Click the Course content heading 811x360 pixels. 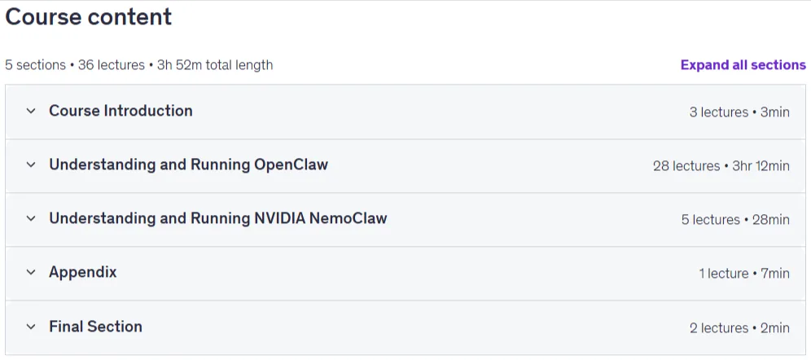tap(89, 17)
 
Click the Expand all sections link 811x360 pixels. tap(743, 64)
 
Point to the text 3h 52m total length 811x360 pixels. tap(215, 65)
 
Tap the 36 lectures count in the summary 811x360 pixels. tap(112, 65)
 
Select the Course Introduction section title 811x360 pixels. tap(121, 111)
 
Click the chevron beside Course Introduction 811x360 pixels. tap(31, 111)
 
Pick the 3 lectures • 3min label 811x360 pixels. tap(739, 112)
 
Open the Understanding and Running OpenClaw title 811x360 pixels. tap(188, 165)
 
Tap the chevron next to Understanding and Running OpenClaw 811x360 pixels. tap(31, 165)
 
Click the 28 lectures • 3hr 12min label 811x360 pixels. tap(721, 165)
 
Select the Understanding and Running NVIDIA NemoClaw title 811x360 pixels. tap(217, 218)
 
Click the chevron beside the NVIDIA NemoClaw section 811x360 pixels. tap(31, 218)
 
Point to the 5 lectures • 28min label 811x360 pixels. tap(735, 219)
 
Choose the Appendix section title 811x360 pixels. tap(83, 272)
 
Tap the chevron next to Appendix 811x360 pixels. tap(31, 272)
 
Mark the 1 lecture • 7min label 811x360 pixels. tap(744, 273)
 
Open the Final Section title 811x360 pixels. tap(96, 327)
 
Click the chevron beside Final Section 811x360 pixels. tap(31, 327)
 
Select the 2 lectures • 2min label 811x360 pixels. tap(739, 327)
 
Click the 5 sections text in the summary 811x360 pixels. tap(36, 65)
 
